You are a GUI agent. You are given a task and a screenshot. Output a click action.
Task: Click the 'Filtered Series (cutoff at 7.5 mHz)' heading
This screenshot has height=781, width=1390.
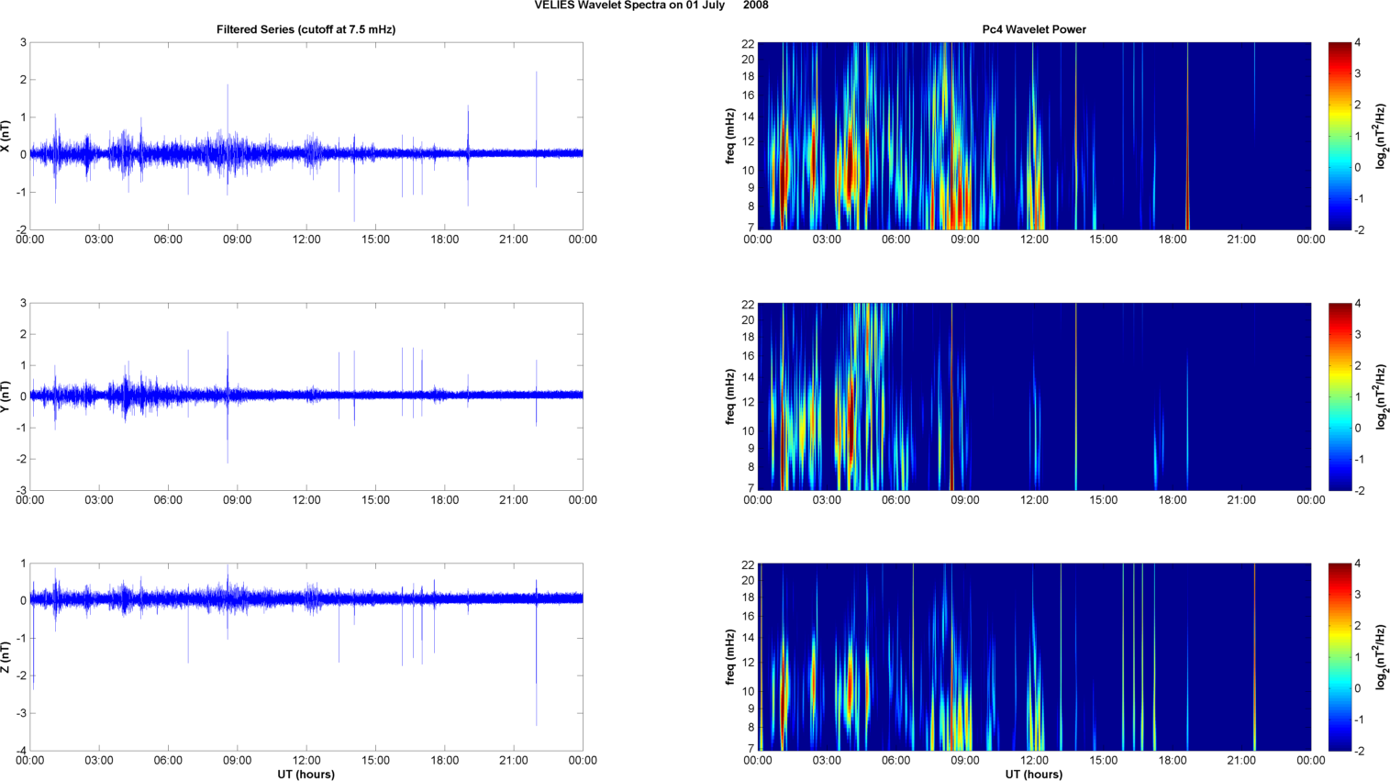(x=306, y=29)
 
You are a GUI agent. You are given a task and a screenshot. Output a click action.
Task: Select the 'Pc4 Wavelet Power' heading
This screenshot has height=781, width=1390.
(x=1034, y=29)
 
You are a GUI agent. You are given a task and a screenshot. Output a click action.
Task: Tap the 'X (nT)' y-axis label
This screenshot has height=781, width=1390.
(x=6, y=136)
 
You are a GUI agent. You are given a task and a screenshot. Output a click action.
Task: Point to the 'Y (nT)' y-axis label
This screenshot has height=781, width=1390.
(x=6, y=396)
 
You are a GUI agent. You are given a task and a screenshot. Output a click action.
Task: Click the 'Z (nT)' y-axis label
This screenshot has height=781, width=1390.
(x=6, y=657)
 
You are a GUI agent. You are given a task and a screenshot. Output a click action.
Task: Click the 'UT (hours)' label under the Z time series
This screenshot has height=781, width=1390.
(x=306, y=775)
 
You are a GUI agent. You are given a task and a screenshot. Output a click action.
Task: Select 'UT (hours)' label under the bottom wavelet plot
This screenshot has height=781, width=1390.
(x=1034, y=775)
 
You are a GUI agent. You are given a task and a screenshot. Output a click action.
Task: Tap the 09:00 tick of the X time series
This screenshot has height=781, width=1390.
(x=237, y=240)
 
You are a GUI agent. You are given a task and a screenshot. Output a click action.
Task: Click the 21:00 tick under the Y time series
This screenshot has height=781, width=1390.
(x=514, y=500)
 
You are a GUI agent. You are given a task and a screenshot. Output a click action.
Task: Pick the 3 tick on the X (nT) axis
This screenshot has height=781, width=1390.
(x=23, y=43)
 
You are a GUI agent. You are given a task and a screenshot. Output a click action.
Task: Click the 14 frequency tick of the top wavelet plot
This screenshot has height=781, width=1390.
(x=749, y=117)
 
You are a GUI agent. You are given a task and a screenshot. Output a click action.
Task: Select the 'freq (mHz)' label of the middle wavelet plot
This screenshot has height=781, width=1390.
(x=730, y=396)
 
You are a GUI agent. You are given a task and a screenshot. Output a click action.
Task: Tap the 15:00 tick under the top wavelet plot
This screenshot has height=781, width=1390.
(x=1103, y=240)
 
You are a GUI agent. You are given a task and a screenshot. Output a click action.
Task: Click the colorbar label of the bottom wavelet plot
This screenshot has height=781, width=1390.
(x=1382, y=657)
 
